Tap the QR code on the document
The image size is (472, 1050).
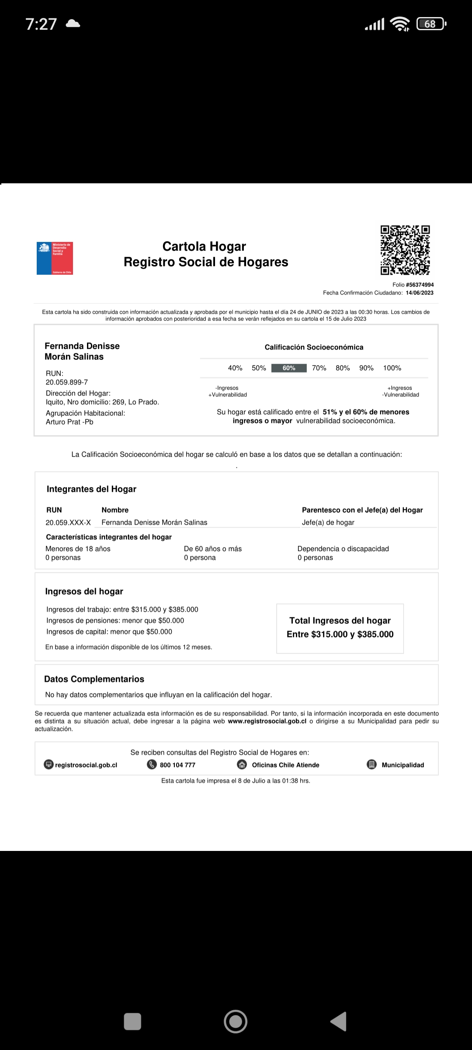(x=405, y=250)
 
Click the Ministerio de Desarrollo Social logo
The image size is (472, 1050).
(x=55, y=258)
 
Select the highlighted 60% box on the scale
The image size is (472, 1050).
(x=289, y=368)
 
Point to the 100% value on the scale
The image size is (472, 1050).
(x=392, y=368)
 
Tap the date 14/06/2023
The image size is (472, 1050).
(x=420, y=293)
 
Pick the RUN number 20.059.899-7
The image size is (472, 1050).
(x=67, y=382)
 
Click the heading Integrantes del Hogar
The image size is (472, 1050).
(x=91, y=489)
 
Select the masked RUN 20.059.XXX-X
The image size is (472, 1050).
(x=68, y=522)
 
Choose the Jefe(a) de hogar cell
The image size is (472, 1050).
(x=328, y=522)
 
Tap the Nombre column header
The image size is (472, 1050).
(x=115, y=510)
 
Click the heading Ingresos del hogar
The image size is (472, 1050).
(x=84, y=591)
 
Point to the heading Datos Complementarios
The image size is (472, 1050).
(x=94, y=679)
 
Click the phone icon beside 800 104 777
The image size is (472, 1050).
(x=152, y=764)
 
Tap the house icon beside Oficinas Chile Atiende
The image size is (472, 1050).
(x=242, y=764)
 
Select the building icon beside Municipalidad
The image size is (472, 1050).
(x=371, y=764)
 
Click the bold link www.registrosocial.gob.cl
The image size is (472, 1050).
(x=267, y=721)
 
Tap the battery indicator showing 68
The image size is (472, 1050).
(x=431, y=24)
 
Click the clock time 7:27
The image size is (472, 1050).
(x=41, y=24)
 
